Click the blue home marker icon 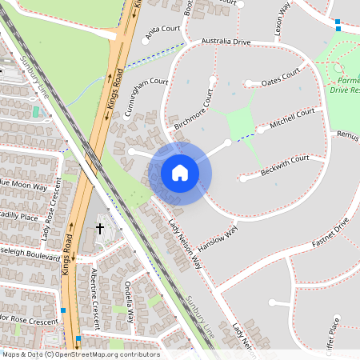click(180, 173)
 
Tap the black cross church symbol click(101, 229)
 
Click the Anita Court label click(163, 30)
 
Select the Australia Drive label click(226, 41)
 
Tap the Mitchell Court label click(293, 119)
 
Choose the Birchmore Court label click(195, 111)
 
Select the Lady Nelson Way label click(184, 252)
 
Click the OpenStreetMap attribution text click(81, 354)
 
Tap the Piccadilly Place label click(18, 216)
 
